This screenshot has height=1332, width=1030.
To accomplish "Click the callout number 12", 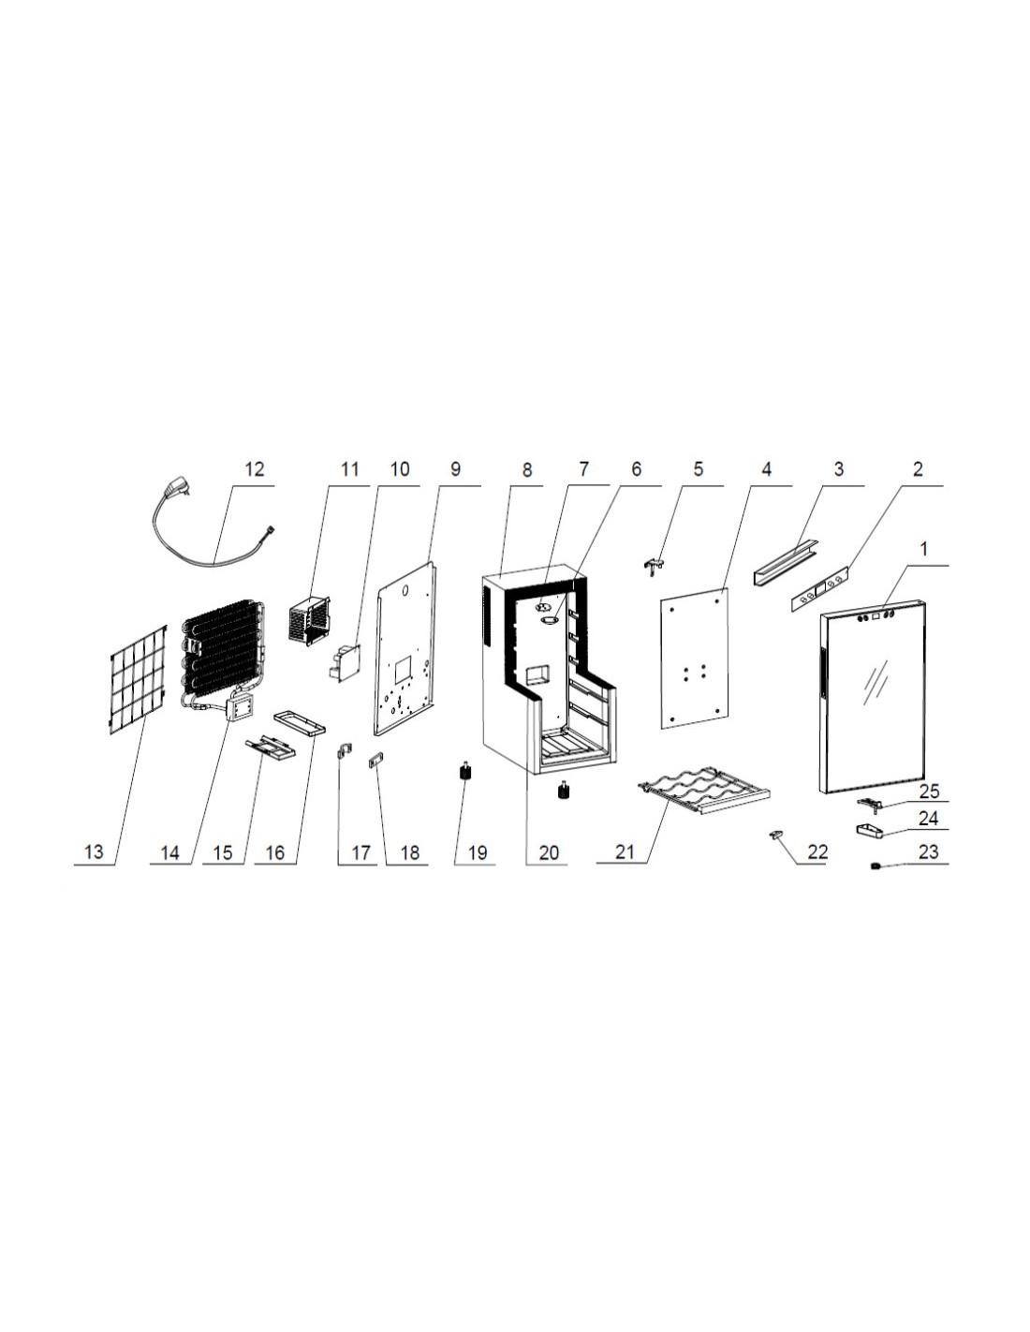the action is (x=254, y=469).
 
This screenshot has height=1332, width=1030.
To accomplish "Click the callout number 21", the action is (x=624, y=852).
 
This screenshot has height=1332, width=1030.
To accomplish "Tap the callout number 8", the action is (x=526, y=469).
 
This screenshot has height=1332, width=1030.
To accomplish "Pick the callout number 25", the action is (x=929, y=791).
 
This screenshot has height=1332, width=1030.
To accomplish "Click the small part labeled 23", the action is (x=875, y=866).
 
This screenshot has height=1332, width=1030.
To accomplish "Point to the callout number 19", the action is (x=477, y=852).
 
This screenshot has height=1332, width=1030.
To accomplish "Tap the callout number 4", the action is (x=766, y=469).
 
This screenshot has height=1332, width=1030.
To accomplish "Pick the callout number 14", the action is (x=169, y=852).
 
